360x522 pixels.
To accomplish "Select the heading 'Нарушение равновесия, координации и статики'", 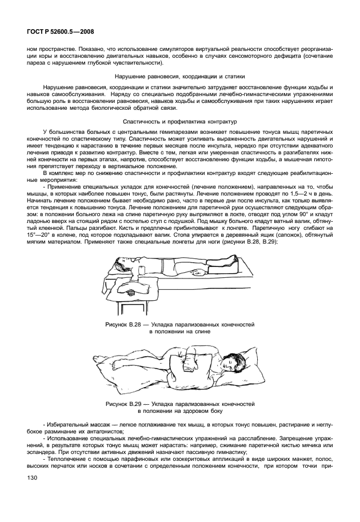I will pos(179,76).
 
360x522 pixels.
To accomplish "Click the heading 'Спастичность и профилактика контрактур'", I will pos(179,122).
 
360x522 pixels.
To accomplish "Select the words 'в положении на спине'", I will pos(179,331).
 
